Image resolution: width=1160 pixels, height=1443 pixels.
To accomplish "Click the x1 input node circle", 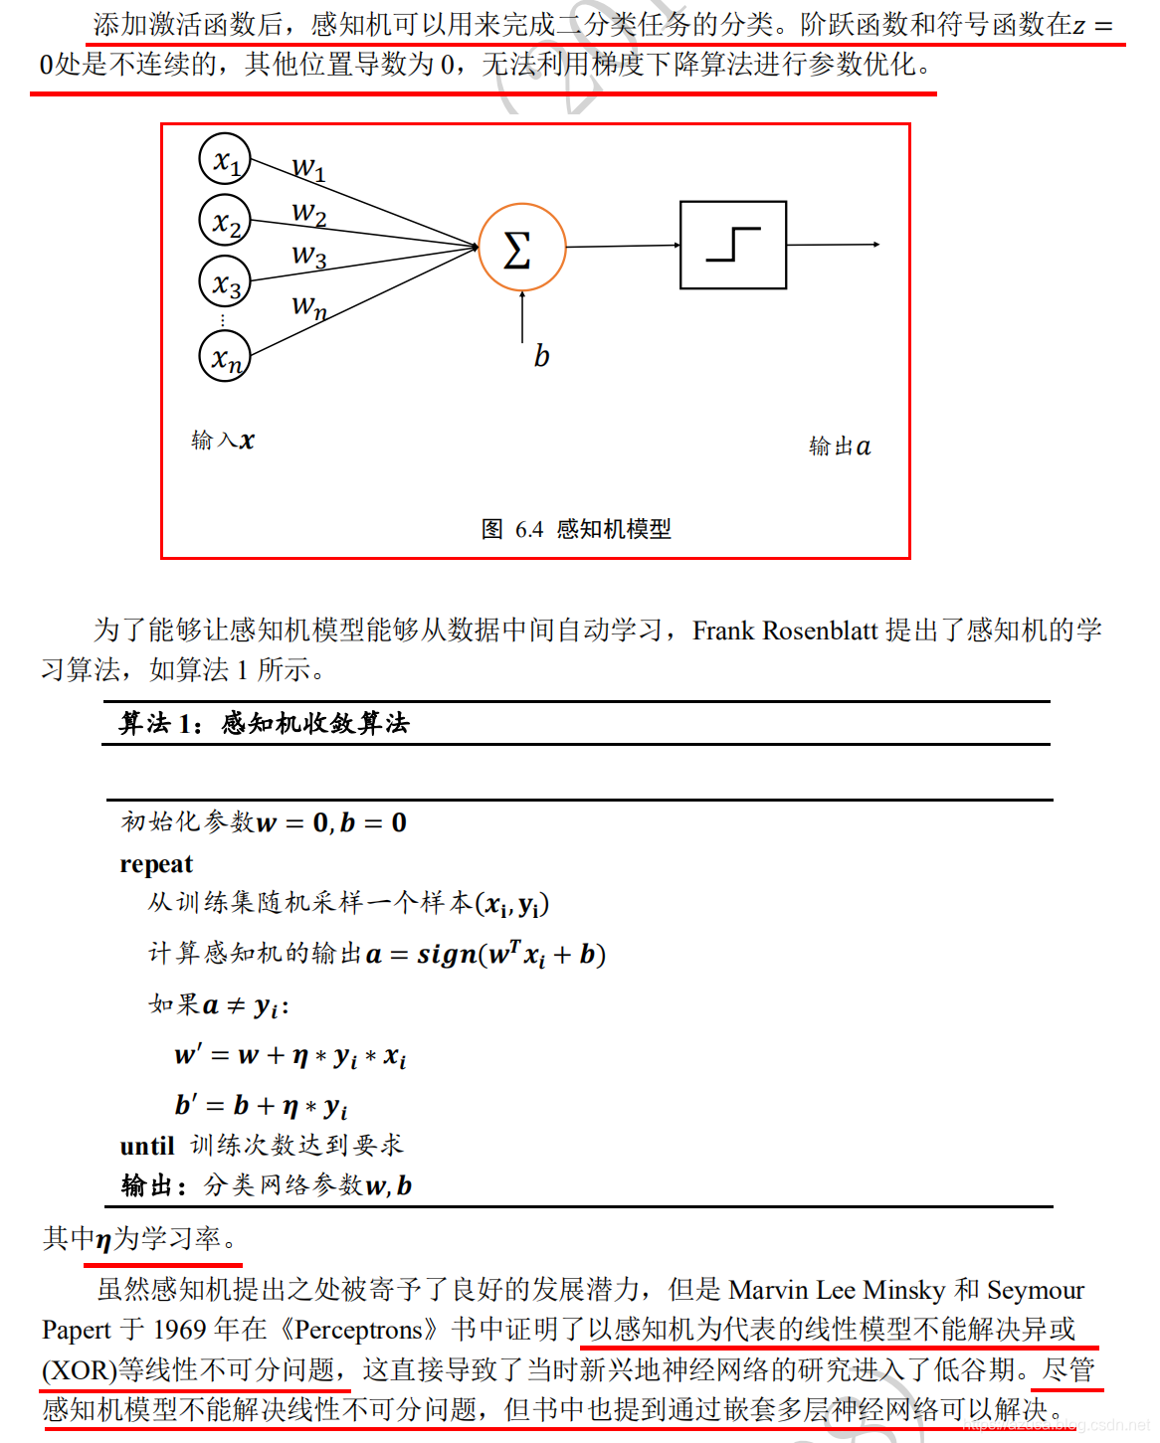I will pos(225,159).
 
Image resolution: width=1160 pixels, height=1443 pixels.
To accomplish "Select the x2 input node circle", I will pos(225,221).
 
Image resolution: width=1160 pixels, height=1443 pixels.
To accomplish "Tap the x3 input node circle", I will pos(225,281).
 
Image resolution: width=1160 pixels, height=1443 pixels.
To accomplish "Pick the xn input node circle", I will pos(225,356).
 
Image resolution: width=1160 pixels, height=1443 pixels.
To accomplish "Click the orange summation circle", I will pos(521,248).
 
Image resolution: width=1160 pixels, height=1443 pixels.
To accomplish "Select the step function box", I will pos(733,245).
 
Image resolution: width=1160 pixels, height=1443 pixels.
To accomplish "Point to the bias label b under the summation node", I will pos(541,356).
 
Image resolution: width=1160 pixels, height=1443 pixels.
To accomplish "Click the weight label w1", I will pos(308,168).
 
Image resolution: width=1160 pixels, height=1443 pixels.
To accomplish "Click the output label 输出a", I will pos(840,447).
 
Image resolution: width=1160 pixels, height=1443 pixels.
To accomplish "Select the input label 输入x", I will pos(223,441).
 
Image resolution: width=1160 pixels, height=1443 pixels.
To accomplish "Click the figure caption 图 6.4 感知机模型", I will pos(576,529).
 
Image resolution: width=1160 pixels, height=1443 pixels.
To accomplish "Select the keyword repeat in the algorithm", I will pos(156,864).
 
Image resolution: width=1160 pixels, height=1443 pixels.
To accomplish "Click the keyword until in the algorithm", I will pos(147,1147).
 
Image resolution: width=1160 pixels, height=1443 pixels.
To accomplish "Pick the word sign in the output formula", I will pos(447,955).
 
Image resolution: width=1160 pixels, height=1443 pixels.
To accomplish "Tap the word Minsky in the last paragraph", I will pos(903,1291).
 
